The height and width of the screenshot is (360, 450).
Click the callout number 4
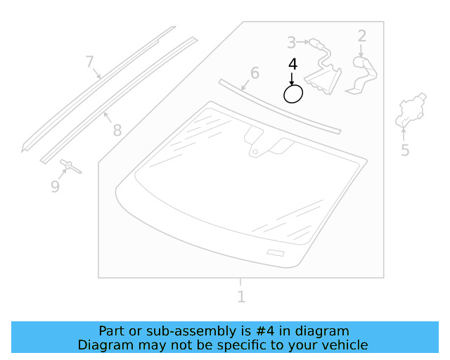coord(292,64)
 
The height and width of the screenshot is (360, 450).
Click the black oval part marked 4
coord(293,94)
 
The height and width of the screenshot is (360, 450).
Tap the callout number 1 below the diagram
coord(241,297)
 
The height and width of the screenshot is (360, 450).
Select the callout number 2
coord(362,36)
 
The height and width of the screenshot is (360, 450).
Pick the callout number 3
coord(291,43)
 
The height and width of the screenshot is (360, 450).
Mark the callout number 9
coord(55,186)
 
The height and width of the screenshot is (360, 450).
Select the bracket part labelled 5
coord(411,111)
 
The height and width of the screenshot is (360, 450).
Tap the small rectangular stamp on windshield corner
coord(275,252)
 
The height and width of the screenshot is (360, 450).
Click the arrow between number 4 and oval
coord(292,77)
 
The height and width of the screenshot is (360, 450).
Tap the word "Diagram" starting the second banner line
coord(103,345)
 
